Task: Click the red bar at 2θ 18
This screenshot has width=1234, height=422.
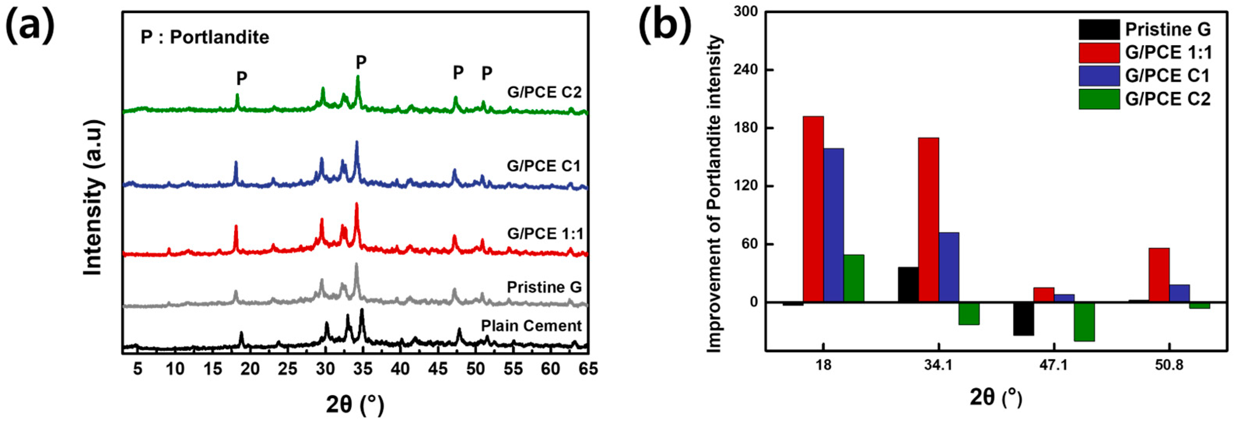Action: pos(813,209)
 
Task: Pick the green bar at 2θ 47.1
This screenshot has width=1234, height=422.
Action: pos(1084,322)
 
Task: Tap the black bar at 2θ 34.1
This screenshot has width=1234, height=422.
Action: pos(908,285)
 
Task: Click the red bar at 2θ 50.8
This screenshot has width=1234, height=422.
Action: pos(1159,275)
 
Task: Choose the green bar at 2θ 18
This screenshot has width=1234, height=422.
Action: pos(854,278)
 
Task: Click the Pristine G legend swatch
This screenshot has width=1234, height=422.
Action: pos(1099,29)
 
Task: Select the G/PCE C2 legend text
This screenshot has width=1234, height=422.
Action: pos(1168,99)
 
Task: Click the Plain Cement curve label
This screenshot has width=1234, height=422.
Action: pos(531,326)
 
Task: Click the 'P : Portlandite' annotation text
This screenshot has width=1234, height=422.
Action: pos(205,37)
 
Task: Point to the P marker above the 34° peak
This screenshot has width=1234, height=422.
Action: pos(361,62)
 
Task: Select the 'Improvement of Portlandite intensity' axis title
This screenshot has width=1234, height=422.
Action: pos(714,194)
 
